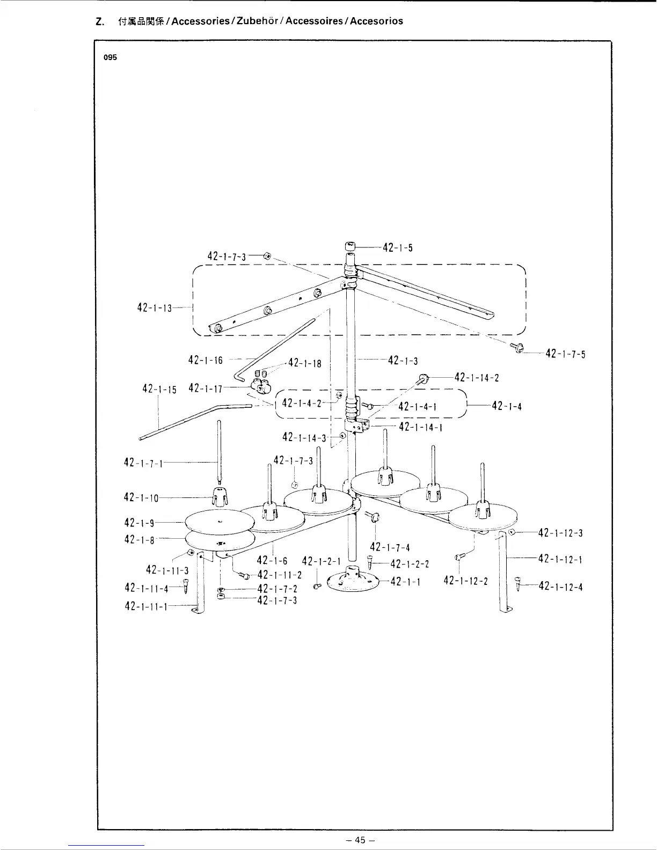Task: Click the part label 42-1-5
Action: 398,248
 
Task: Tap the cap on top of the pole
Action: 350,246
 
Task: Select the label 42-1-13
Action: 154,307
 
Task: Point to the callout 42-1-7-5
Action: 565,354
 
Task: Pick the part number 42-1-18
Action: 305,363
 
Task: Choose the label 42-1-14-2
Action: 477,377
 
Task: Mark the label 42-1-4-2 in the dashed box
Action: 302,403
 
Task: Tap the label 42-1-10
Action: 141,497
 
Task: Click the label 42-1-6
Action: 273,561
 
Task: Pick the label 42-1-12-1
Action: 560,559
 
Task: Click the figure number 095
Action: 110,58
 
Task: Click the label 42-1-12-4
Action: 560,587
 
